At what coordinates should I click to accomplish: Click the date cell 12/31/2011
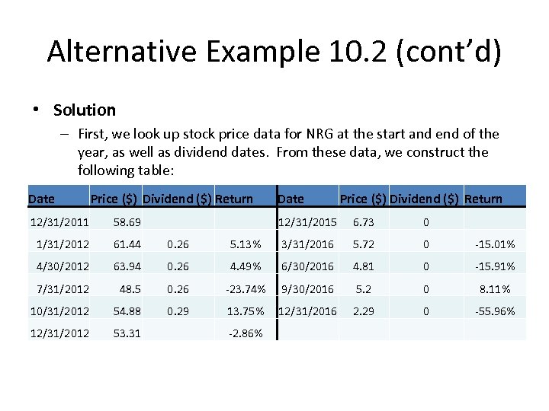(59, 222)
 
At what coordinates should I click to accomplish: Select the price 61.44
(127, 244)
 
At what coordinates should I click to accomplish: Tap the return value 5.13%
(247, 244)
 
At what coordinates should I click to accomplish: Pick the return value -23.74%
(246, 289)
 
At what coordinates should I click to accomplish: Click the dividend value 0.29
(178, 311)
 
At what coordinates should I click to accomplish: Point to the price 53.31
(127, 333)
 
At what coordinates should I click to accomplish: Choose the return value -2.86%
(246, 333)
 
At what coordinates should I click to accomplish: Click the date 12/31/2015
(307, 222)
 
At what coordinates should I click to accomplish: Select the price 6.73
(364, 222)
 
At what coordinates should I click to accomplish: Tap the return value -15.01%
(495, 244)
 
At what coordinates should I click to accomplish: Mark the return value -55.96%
(495, 311)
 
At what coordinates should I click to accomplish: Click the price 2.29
(364, 311)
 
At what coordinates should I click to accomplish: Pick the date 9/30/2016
(307, 289)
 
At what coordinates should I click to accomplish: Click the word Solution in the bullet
(85, 110)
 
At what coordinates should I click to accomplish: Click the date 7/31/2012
(63, 289)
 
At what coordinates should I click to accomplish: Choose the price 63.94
(127, 266)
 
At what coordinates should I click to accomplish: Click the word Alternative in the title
(122, 52)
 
